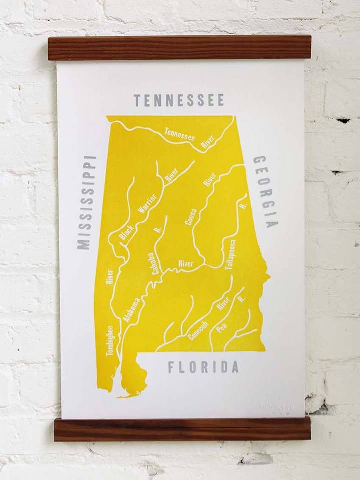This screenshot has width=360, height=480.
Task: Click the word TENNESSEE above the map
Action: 179,100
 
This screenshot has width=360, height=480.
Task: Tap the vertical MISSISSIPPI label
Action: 86,202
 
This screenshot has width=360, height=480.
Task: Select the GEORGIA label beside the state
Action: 265,191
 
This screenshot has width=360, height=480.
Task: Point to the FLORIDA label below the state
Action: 203,367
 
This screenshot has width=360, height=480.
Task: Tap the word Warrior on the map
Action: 147,204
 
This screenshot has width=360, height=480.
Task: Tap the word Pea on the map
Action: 222,328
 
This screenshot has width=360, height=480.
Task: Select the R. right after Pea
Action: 242,299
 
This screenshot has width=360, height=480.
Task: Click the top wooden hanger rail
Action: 179,48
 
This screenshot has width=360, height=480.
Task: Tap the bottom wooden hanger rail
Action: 182,430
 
